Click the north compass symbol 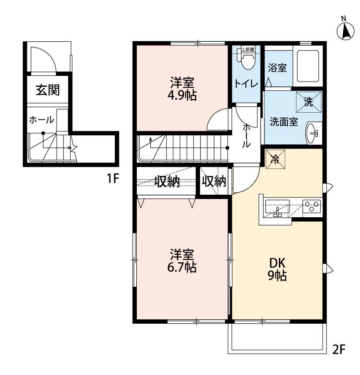(x=344, y=31)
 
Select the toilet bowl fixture (x=248, y=61)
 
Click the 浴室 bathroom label (x=277, y=68)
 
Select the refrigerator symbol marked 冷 (x=276, y=158)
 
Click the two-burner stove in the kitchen (x=312, y=206)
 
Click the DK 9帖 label (x=277, y=270)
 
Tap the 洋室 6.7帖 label (x=182, y=261)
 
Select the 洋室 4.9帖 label (x=182, y=88)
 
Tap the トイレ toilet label (x=246, y=83)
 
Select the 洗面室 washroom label (x=284, y=122)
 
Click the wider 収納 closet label (x=167, y=181)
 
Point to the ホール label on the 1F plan (x=42, y=119)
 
